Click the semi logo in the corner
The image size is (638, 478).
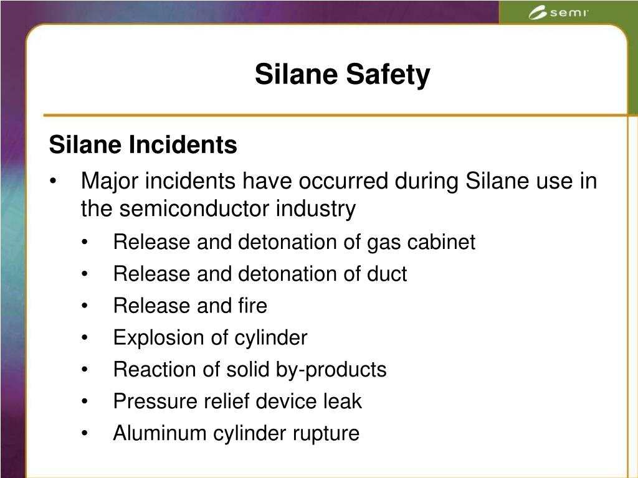558,13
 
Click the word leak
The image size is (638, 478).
342,401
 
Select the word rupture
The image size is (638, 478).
327,434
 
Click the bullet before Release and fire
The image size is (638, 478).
85,306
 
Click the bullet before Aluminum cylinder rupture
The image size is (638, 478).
85,434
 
